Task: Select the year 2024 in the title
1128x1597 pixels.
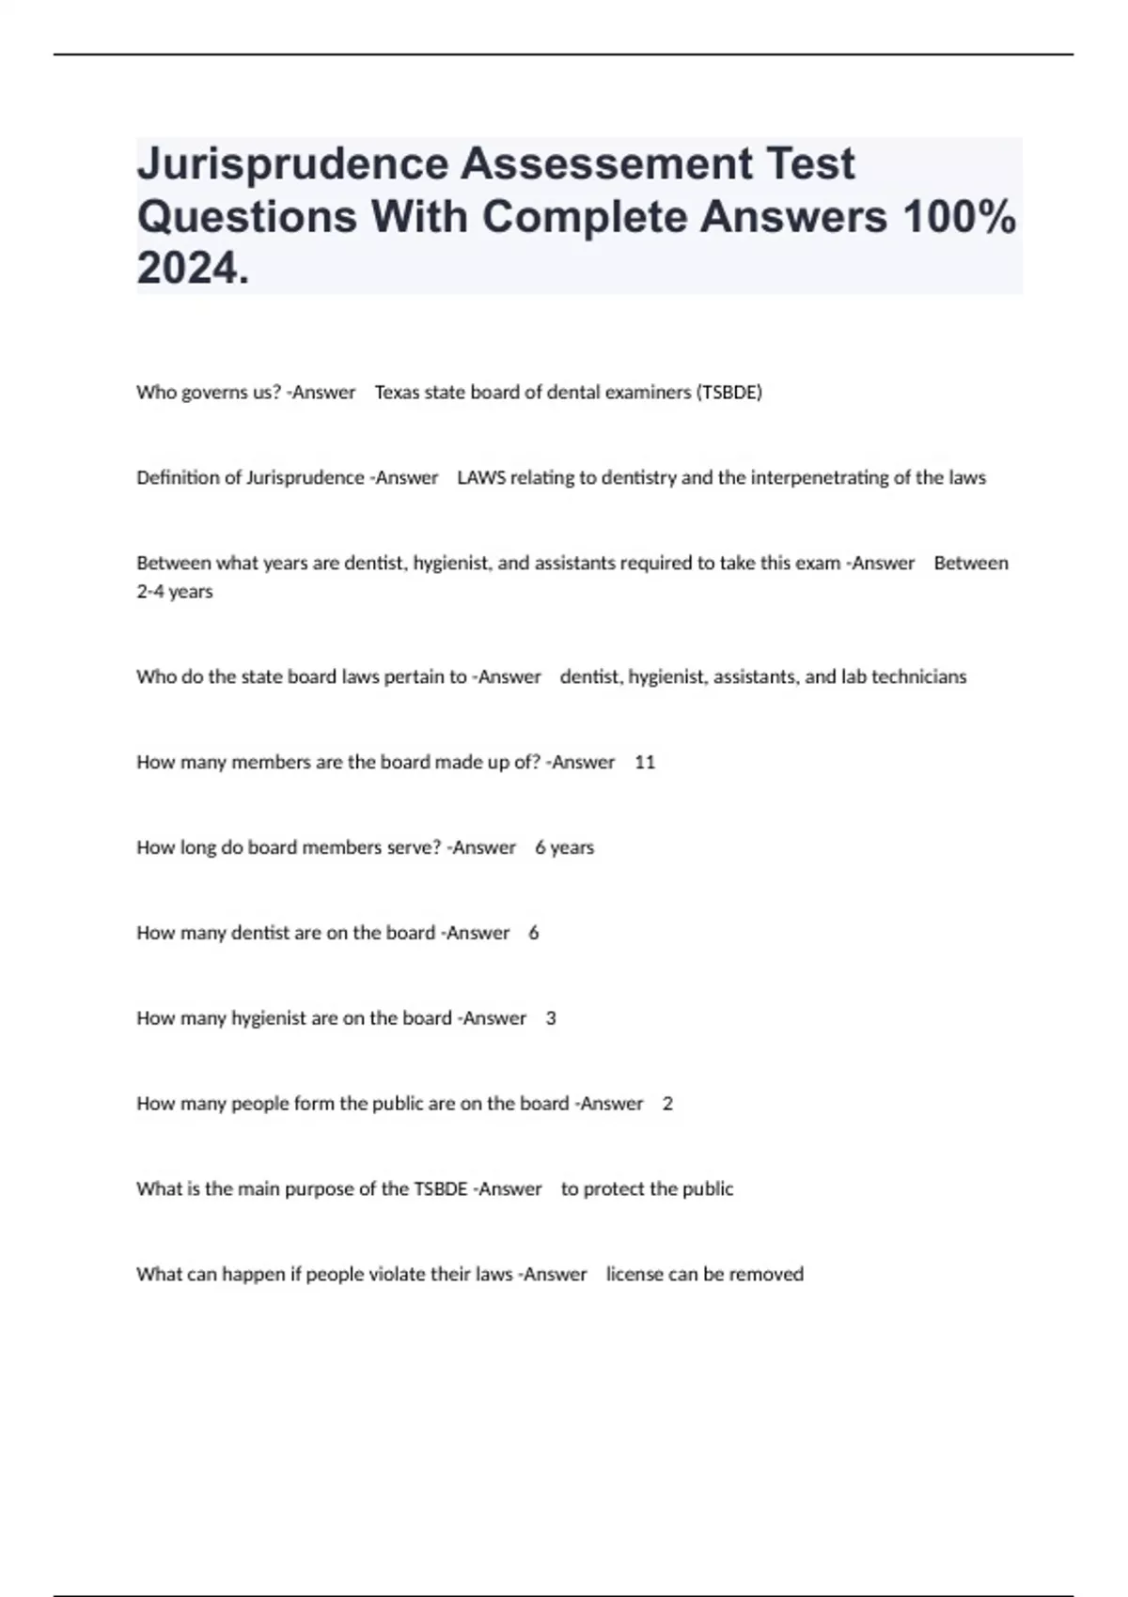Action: tap(187, 269)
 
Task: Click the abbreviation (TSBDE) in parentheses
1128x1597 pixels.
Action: tap(728, 393)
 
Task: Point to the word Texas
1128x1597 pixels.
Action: tap(397, 393)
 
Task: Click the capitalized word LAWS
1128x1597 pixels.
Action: tap(481, 478)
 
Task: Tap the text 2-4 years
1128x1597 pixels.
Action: tap(175, 592)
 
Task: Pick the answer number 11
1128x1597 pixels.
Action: tap(645, 763)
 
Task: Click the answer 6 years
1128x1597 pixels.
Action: tap(564, 848)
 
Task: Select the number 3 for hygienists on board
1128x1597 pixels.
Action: tap(551, 1018)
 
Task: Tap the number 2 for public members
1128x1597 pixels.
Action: tap(667, 1104)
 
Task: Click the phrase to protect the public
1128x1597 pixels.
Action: tap(647, 1189)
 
